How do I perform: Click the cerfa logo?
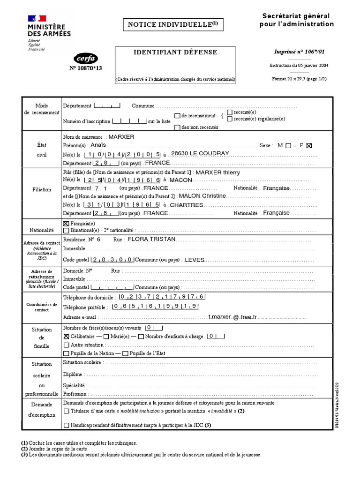pyautogui.click(x=86, y=59)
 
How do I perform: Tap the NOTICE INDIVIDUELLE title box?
pyautogui.click(x=172, y=24)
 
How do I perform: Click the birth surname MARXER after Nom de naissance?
pyautogui.click(x=121, y=137)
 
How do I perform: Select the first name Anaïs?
pyautogui.click(x=99, y=145)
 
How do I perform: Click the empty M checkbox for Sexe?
pyautogui.click(x=288, y=145)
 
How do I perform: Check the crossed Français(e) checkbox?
pyautogui.click(x=66, y=224)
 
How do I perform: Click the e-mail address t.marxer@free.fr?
pyautogui.click(x=233, y=317)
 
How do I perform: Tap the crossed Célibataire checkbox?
pyautogui.click(x=66, y=337)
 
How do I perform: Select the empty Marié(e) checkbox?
pyautogui.click(x=106, y=337)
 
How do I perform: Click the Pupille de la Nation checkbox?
pyautogui.click(x=66, y=353)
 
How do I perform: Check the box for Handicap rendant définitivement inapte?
pyautogui.click(x=66, y=425)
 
